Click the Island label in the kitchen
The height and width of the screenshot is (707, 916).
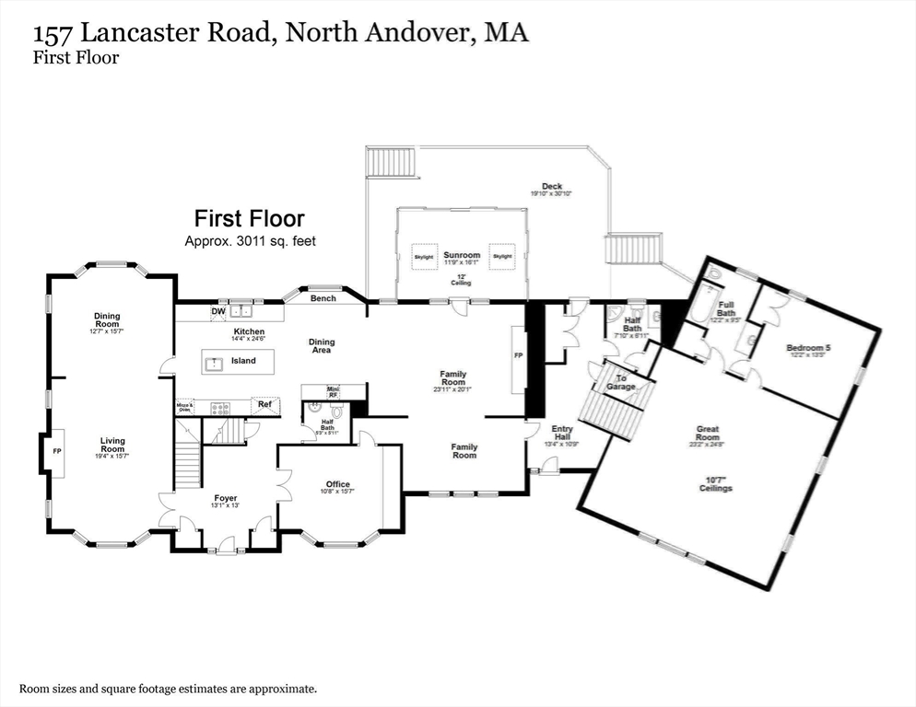[243, 361]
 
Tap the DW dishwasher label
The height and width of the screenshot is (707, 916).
[218, 312]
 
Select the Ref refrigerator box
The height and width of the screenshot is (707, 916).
[264, 404]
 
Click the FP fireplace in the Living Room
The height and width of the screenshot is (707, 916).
[56, 452]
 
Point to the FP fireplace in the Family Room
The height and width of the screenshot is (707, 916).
[518, 355]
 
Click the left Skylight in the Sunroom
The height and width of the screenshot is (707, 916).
[424, 256]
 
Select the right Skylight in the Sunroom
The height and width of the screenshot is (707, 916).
[501, 256]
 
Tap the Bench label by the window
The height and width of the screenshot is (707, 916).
[323, 298]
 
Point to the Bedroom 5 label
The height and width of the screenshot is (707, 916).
[808, 348]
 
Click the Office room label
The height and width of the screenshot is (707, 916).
[337, 484]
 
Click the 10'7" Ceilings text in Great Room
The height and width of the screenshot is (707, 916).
[715, 483]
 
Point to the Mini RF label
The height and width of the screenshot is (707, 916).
[334, 392]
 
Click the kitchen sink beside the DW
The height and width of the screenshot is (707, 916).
[242, 311]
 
